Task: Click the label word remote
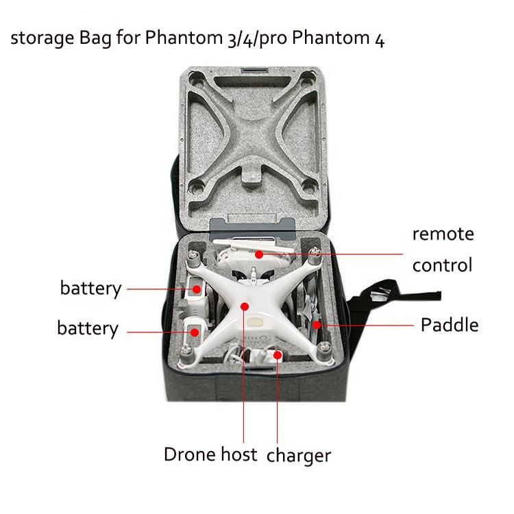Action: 442,234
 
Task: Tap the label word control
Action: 442,265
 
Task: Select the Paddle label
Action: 449,324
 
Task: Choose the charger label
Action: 299,455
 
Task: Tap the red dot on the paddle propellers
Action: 316,324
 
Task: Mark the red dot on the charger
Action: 278,356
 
